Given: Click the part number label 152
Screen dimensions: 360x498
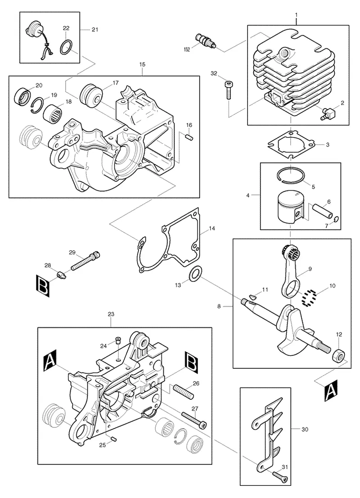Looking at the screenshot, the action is pos(187,50).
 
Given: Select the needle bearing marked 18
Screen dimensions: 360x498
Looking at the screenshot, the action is pos(54,112).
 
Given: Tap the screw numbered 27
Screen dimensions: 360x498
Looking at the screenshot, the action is pos(194,419).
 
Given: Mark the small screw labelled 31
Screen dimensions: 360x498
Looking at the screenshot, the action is pos(280,476).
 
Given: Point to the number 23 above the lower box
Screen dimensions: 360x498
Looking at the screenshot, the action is pos(111,314).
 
